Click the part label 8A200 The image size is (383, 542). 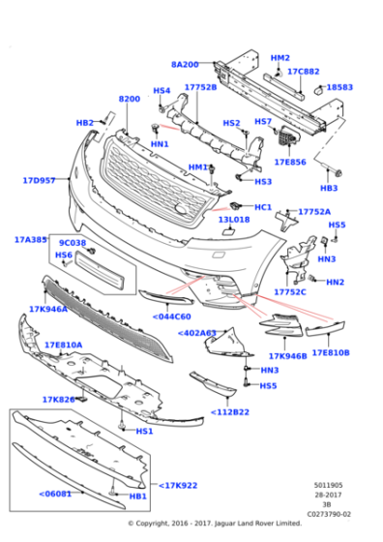click(185, 64)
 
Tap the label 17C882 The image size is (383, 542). click(304, 72)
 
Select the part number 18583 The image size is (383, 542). click(339, 87)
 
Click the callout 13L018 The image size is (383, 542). click(233, 220)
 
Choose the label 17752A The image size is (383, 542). click(314, 211)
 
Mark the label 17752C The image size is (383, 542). click(290, 291)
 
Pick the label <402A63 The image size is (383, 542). click(197, 333)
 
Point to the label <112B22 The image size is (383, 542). click(232, 413)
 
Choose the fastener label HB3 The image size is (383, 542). click(329, 188)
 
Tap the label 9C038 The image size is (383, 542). click(73, 243)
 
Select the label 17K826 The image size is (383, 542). click(58, 399)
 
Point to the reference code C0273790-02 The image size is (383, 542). click(331, 514)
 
